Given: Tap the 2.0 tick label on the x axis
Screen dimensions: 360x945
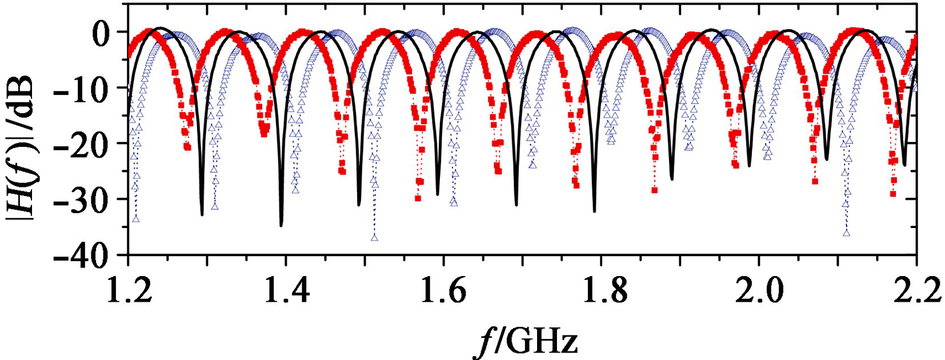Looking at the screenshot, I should click(x=758, y=291).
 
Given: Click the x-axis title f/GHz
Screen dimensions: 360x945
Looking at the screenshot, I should click(x=526, y=341).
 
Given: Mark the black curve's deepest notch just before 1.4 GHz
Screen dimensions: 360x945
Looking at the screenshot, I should click(x=281, y=225).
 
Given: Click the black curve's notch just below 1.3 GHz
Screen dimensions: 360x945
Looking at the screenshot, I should click(x=202, y=214).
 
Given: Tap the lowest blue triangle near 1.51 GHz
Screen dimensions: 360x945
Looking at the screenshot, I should click(x=374, y=237).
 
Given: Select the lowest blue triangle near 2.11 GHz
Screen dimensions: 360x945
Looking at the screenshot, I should click(x=846, y=233).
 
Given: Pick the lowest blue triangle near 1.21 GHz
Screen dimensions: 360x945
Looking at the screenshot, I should click(x=136, y=218).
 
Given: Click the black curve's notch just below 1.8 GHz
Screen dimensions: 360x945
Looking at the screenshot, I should click(x=595, y=211).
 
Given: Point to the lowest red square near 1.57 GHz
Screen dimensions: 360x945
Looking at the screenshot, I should click(x=418, y=198).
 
